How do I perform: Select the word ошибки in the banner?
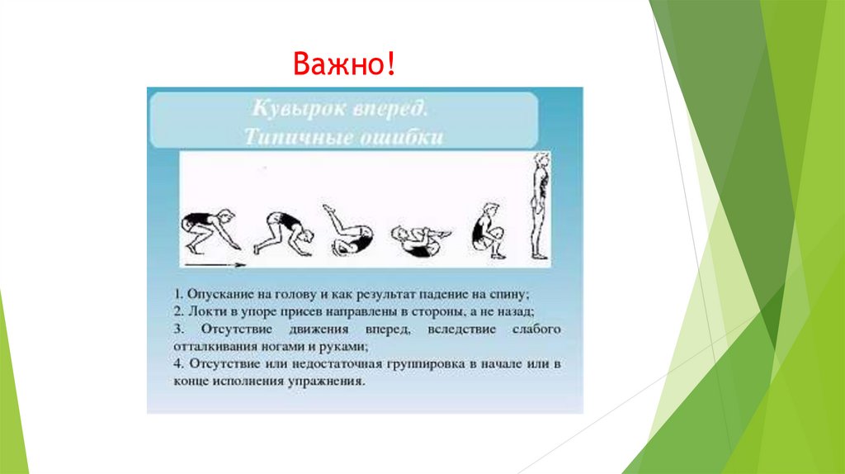(402, 136)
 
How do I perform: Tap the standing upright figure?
(540, 206)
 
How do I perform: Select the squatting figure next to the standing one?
(487, 230)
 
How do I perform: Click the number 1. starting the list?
(178, 294)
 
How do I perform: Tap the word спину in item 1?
(511, 294)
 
